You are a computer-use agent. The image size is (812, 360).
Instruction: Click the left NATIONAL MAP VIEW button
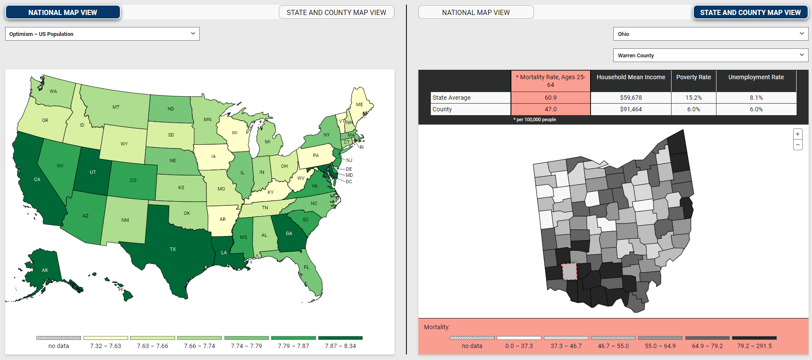pyautogui.click(x=63, y=12)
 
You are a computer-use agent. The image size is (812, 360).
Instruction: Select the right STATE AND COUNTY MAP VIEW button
pyautogui.click(x=750, y=12)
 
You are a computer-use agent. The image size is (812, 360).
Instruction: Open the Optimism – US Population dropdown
pyautogui.click(x=102, y=34)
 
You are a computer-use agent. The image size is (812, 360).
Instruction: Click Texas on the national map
pyautogui.click(x=173, y=249)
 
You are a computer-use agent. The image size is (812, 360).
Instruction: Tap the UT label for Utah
pyautogui.click(x=93, y=172)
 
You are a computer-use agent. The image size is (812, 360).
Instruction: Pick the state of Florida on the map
pyautogui.click(x=307, y=268)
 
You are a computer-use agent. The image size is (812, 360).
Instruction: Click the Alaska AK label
pyautogui.click(x=45, y=270)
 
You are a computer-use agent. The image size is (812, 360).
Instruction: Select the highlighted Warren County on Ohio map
pyautogui.click(x=569, y=271)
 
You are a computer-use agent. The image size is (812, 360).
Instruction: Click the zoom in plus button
pyautogui.click(x=797, y=134)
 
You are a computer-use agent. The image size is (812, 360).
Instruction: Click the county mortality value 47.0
pyautogui.click(x=550, y=109)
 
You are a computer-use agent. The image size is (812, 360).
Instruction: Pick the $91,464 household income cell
pyautogui.click(x=630, y=109)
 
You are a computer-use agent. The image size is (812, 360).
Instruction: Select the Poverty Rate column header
pyautogui.click(x=693, y=77)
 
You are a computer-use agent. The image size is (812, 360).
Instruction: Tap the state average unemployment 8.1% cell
pyautogui.click(x=756, y=98)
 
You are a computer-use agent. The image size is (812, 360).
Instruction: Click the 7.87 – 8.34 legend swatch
pyautogui.click(x=340, y=338)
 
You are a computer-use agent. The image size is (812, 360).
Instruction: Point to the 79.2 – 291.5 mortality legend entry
pyautogui.click(x=754, y=342)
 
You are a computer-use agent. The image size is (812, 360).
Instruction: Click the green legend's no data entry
pyautogui.click(x=58, y=342)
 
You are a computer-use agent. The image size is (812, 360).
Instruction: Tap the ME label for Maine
pyautogui.click(x=359, y=104)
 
